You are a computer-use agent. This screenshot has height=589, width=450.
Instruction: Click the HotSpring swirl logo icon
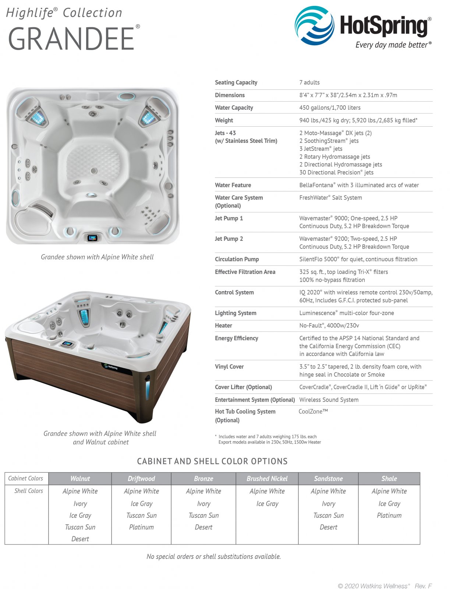(314, 25)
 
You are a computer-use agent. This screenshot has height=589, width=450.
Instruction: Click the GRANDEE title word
(71, 39)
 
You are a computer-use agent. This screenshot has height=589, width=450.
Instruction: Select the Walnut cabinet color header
(80, 479)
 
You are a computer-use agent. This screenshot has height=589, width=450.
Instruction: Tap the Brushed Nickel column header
(267, 479)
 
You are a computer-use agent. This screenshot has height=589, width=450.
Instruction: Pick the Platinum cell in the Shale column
(389, 515)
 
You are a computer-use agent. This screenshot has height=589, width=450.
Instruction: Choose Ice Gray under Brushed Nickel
(267, 504)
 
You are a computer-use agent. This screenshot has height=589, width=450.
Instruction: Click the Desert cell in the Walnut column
(80, 539)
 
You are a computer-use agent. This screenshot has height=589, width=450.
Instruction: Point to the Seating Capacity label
(236, 82)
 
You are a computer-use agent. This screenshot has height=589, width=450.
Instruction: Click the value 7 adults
(309, 82)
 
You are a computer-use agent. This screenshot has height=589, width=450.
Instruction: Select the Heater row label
(223, 325)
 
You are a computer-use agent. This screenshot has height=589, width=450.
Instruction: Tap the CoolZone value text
(313, 412)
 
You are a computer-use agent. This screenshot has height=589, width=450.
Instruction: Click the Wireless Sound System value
(329, 400)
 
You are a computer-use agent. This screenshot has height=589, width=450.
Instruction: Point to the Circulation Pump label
(237, 259)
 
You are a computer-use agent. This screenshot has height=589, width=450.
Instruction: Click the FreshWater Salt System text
(330, 198)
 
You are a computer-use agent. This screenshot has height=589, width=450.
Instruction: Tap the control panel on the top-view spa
(92, 237)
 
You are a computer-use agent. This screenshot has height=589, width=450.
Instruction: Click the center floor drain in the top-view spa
(94, 170)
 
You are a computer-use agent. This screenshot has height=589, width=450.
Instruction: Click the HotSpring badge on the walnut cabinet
(110, 367)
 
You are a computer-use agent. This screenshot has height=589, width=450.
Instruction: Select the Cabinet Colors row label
(26, 479)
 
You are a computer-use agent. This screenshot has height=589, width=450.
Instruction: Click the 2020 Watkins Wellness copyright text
(373, 586)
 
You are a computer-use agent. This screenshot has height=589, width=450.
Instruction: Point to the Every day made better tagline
(393, 45)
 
